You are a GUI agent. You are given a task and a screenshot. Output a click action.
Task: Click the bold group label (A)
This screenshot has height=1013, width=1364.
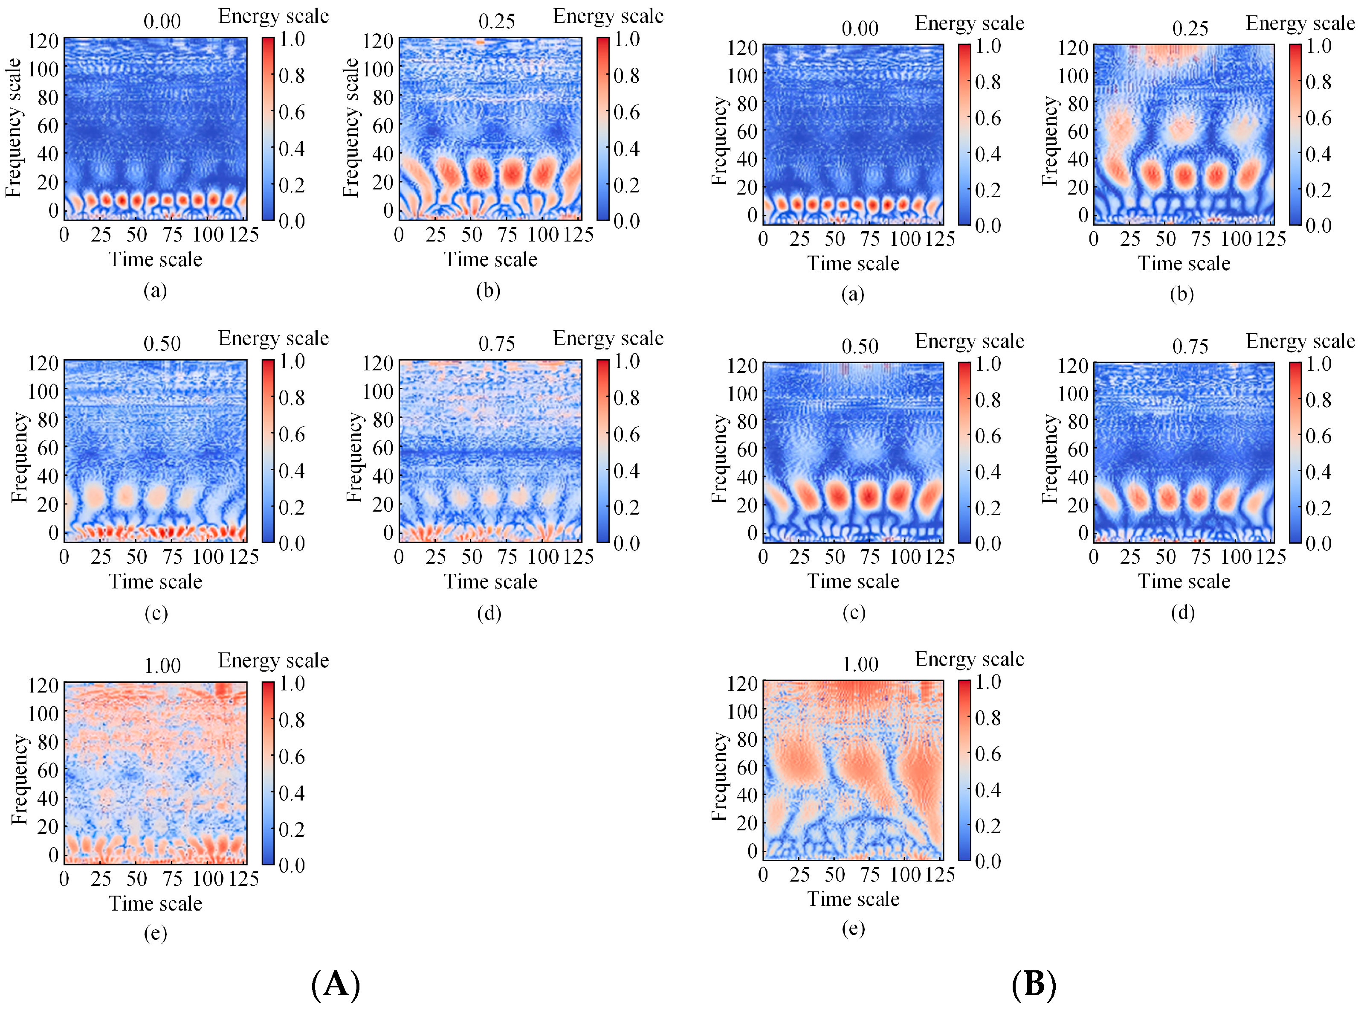coord(336,985)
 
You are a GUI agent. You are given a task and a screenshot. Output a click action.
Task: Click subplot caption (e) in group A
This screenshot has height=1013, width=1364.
coord(155,933)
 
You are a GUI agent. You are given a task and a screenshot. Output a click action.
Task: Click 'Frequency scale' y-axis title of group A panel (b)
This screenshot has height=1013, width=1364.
coord(350,128)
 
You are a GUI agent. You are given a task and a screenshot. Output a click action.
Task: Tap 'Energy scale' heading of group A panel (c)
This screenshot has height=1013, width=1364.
coord(273,338)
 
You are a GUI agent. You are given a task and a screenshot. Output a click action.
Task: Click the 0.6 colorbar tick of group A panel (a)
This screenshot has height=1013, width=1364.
coord(292,112)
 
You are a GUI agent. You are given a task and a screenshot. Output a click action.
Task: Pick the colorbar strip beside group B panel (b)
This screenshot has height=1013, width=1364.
coord(1295,134)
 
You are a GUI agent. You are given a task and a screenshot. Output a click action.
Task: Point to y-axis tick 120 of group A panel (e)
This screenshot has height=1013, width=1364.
coord(43,685)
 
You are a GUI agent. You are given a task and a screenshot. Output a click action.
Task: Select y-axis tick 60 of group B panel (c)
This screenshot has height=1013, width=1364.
coord(747,449)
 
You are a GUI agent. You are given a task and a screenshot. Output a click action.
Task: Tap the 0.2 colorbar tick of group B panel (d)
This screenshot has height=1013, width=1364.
coord(1318,508)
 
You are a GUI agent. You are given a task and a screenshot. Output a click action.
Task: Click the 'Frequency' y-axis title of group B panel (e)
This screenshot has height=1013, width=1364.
coord(719,776)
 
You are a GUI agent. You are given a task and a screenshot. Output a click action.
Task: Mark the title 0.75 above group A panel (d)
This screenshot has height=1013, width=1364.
coord(496,343)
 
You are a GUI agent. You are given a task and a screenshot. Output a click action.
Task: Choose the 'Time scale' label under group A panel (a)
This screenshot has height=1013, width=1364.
coord(155,259)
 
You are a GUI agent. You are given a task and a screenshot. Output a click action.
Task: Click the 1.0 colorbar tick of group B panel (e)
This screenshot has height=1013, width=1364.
coord(988,682)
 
